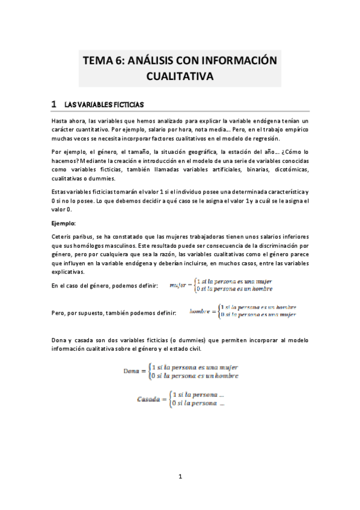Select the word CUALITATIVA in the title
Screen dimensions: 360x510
(180, 76)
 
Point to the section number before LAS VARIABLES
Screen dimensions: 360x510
(54, 104)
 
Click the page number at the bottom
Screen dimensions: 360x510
(180, 477)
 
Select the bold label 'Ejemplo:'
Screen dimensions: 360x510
(63, 223)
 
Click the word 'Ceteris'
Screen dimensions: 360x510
(63, 236)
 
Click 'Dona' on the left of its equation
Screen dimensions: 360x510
(131, 371)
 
